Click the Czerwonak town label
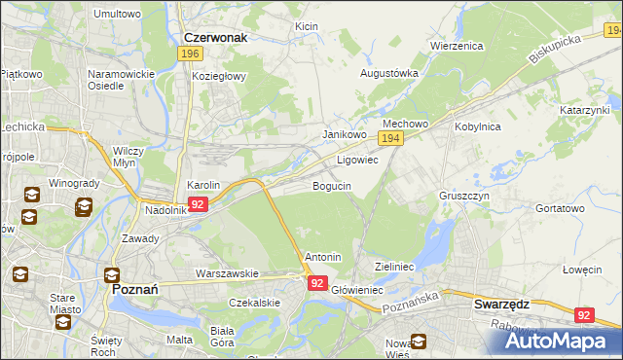[x=215, y=37]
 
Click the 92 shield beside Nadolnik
[x=198, y=204]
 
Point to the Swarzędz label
[x=501, y=303]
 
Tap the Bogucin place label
[x=331, y=185]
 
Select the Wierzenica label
[x=457, y=45]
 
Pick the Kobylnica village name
[x=476, y=126]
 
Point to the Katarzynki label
[x=584, y=111]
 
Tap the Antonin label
[x=323, y=258]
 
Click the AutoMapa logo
[x=558, y=340]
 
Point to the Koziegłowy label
[x=219, y=75]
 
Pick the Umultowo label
[x=117, y=15]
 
